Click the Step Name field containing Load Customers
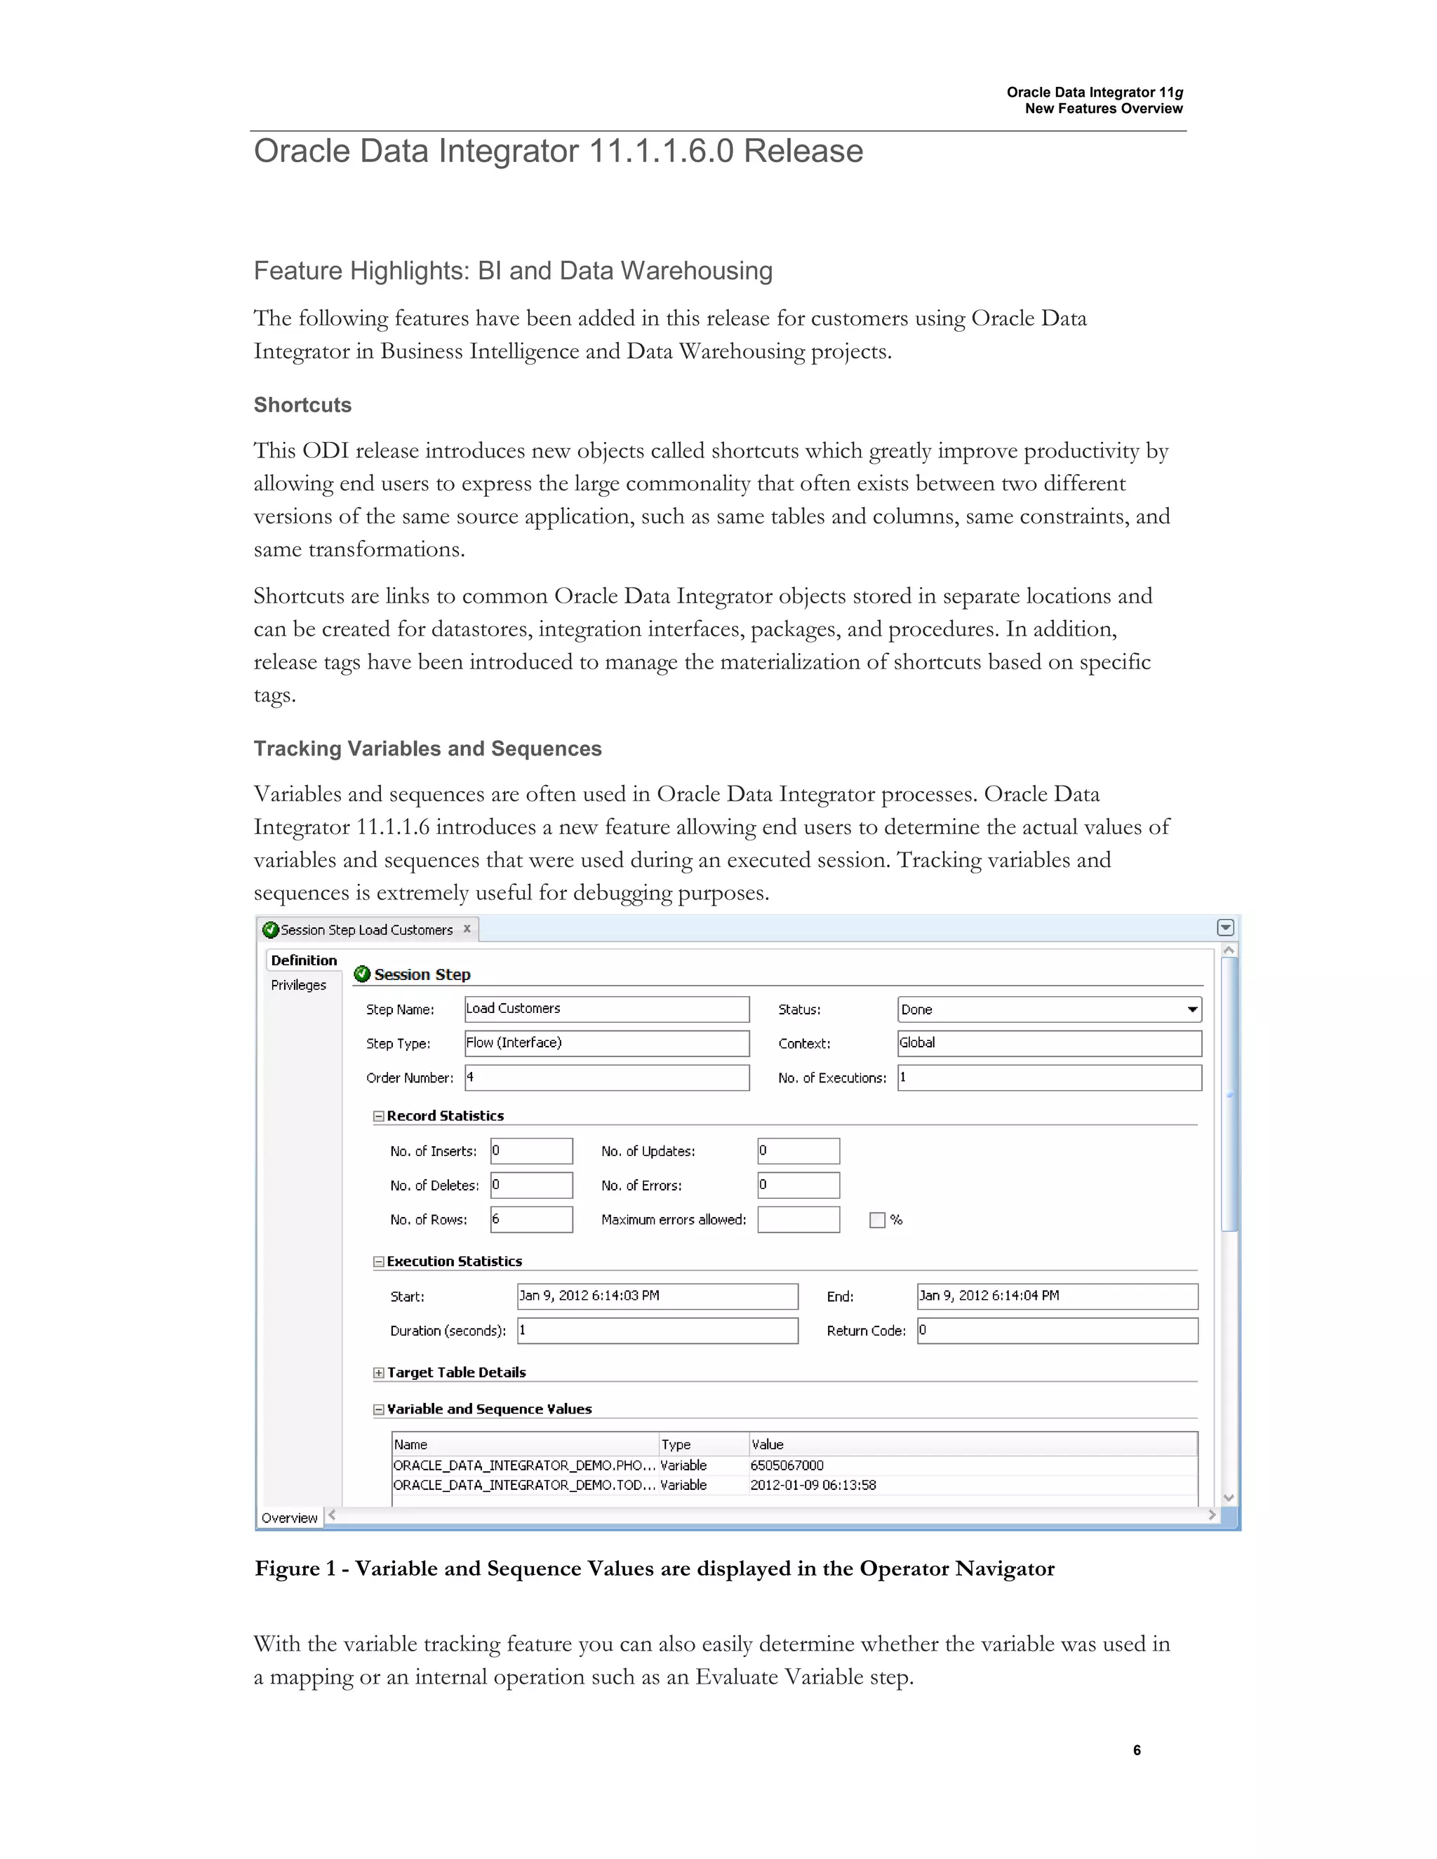pyautogui.click(x=606, y=1009)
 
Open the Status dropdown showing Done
pyautogui.click(x=1192, y=1009)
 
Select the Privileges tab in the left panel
pyautogui.click(x=298, y=985)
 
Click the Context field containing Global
pyautogui.click(x=1049, y=1042)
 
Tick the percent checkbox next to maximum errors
pyautogui.click(x=877, y=1220)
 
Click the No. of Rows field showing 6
pyautogui.click(x=531, y=1219)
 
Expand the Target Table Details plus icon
pyautogui.click(x=379, y=1372)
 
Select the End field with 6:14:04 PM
pyautogui.click(x=1057, y=1296)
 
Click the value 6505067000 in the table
pyautogui.click(x=787, y=1465)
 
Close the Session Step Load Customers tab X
pyautogui.click(x=467, y=929)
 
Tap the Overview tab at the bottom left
pyautogui.click(x=290, y=1517)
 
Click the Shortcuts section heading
pyautogui.click(x=302, y=405)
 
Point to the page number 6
pyautogui.click(x=1137, y=1750)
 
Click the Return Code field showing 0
pyautogui.click(x=1057, y=1330)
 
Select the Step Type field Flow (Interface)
pyautogui.click(x=606, y=1042)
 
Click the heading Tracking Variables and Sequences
pyautogui.click(x=427, y=749)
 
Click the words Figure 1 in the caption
pyautogui.click(x=288, y=1569)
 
